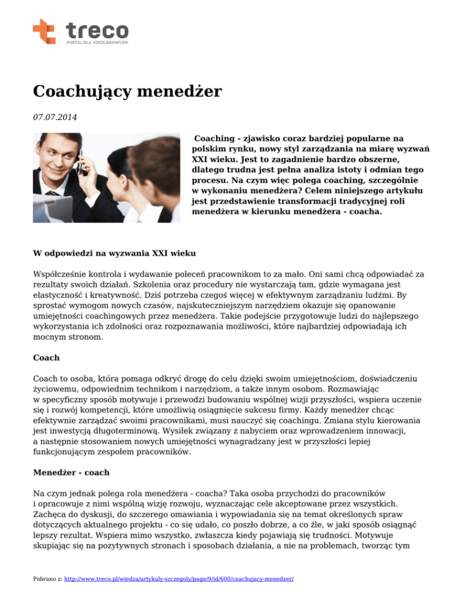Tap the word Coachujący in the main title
click(x=76, y=92)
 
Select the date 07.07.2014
click(x=56, y=115)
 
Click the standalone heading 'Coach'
click(x=46, y=358)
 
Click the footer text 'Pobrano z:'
click(x=47, y=579)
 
